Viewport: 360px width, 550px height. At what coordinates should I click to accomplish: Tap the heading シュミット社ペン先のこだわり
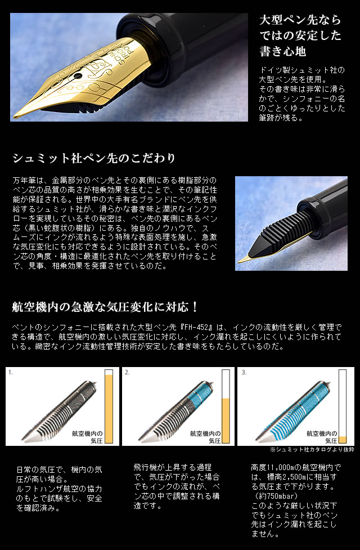[93, 158]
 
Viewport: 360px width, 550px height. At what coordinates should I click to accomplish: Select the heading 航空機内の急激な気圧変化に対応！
[105, 307]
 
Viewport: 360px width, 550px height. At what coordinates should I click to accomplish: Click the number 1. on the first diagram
[11, 373]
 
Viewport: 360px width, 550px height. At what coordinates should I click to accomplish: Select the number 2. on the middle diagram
[127, 373]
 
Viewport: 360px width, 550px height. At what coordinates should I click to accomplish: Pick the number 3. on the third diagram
[244, 373]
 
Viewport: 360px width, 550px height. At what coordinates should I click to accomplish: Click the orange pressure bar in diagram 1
[109, 409]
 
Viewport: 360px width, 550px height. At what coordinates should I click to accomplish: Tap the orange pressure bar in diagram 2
[226, 421]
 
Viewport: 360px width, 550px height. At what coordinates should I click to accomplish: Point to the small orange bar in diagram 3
[342, 439]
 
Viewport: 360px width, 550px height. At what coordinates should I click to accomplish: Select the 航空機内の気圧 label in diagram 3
[321, 437]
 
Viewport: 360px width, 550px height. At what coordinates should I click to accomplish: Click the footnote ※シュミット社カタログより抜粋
[312, 450]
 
